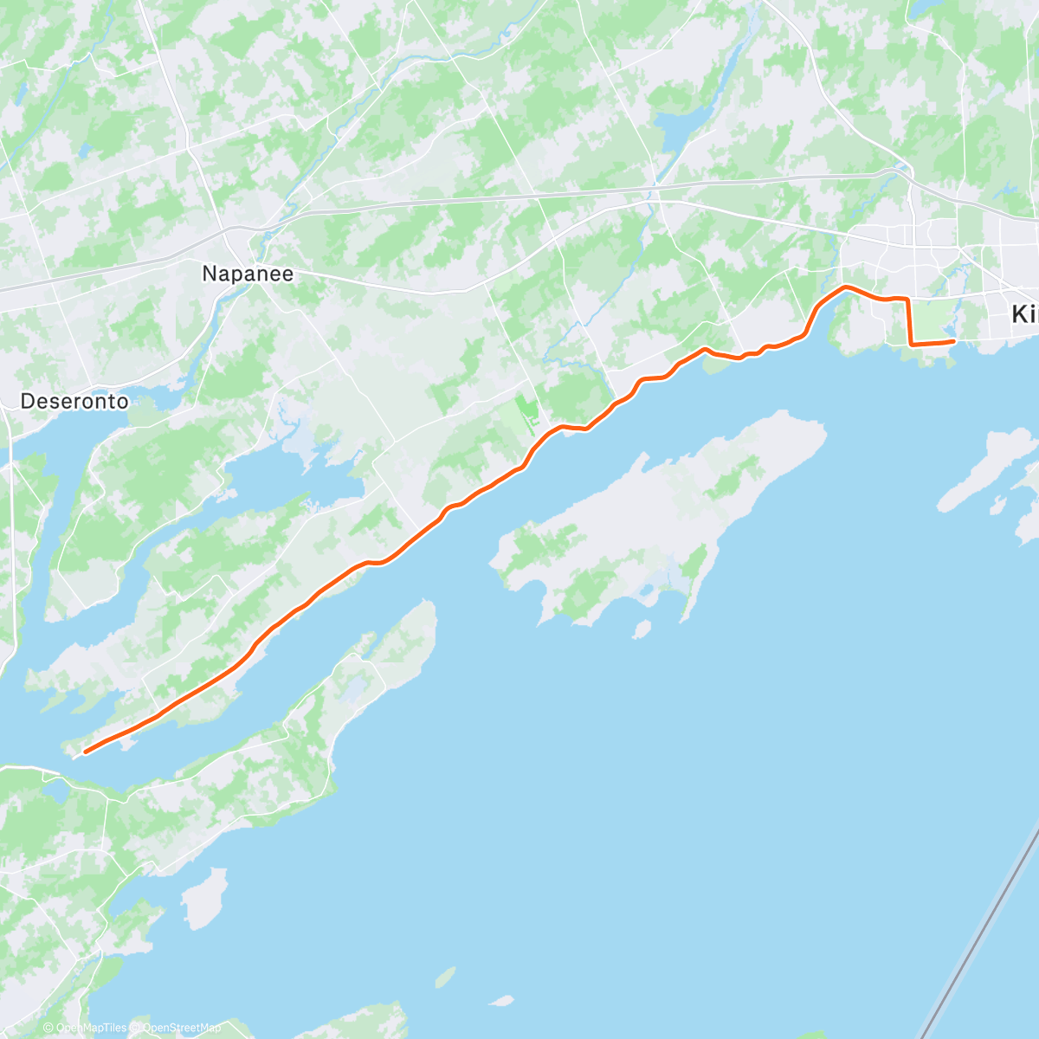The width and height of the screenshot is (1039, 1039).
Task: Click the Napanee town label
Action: click(248, 274)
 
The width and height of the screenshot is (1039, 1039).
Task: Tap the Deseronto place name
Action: click(74, 401)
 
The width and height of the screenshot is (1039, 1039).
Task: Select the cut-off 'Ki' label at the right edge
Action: click(1024, 315)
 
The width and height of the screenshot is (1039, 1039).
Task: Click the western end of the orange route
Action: click(85, 752)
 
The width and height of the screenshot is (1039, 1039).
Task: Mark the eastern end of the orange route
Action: click(953, 342)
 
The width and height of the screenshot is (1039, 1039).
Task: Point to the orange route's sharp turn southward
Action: click(907, 300)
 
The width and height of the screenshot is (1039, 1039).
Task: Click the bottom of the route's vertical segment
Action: click(911, 344)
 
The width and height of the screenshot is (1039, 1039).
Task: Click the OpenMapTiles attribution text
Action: click(90, 1028)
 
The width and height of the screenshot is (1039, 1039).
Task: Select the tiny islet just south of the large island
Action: click(642, 629)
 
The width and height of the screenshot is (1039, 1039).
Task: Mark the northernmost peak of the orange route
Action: click(845, 287)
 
